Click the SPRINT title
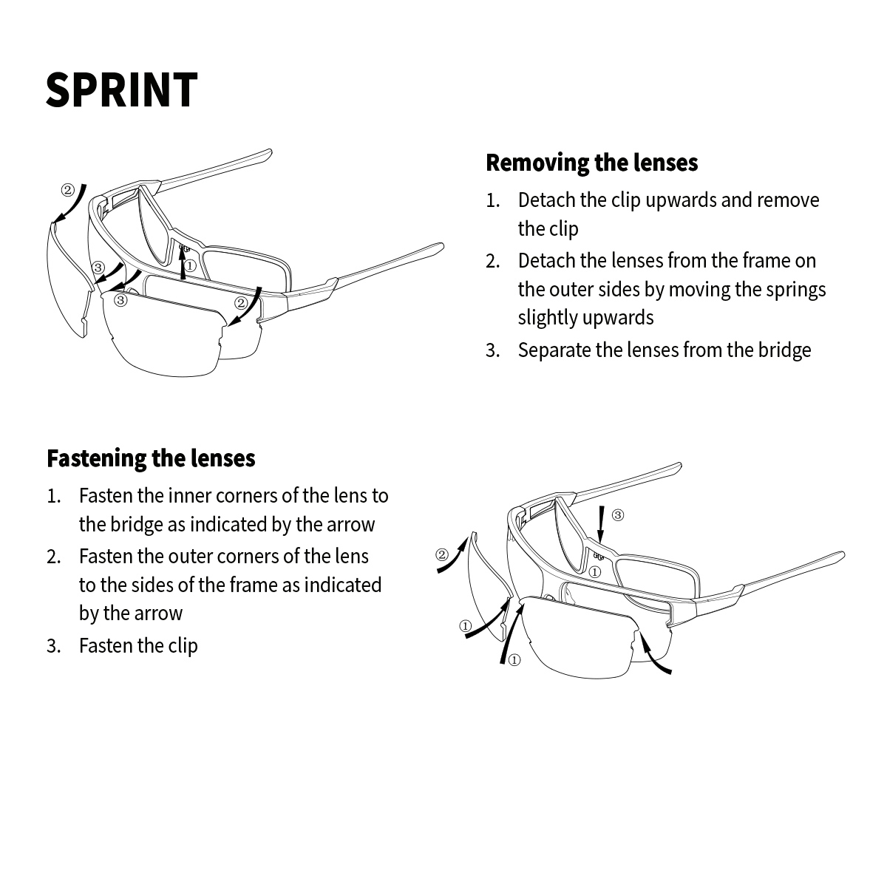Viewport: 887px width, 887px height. pyautogui.click(x=122, y=90)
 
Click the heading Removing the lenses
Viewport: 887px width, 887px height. pyautogui.click(x=591, y=163)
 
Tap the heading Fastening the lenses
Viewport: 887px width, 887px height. pyautogui.click(x=151, y=458)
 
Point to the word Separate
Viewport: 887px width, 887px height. pyautogui.click(x=554, y=350)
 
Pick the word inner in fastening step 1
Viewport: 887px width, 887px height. pyautogui.click(x=189, y=495)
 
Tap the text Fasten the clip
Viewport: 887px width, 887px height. pyautogui.click(x=138, y=645)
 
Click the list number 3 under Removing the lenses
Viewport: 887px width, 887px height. pyautogui.click(x=492, y=350)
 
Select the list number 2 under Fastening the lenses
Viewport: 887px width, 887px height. pyautogui.click(x=53, y=557)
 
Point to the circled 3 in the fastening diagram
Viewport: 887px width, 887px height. pyautogui.click(x=618, y=514)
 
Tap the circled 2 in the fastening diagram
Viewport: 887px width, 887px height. pyautogui.click(x=442, y=554)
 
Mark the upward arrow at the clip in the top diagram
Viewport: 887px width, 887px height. pyautogui.click(x=183, y=263)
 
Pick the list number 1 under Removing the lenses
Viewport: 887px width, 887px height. pyautogui.click(x=492, y=201)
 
